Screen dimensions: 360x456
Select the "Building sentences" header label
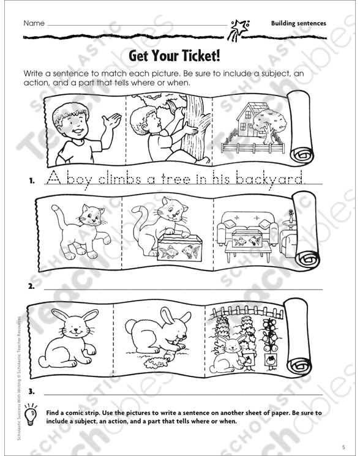point(298,23)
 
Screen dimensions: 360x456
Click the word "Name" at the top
point(34,23)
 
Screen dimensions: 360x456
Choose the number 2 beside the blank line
point(31,286)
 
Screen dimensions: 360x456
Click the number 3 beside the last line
point(31,392)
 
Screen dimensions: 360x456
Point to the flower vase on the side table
point(290,217)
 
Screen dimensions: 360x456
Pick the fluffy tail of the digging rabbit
point(130,326)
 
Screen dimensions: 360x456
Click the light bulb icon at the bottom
point(31,414)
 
